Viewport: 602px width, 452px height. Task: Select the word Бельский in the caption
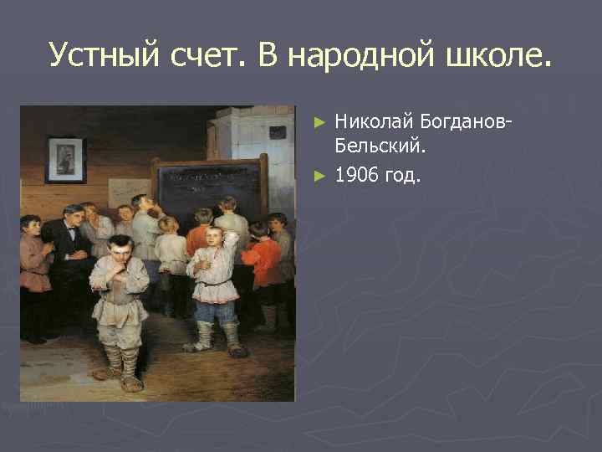pos(380,147)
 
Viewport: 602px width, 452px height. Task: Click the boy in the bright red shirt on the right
pos(262,259)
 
